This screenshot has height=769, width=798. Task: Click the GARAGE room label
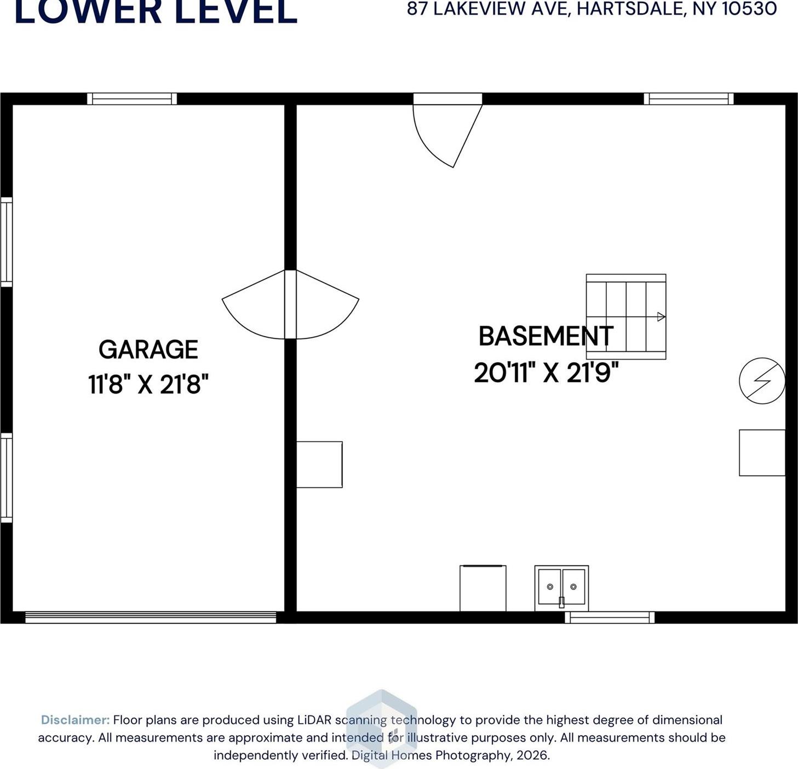click(x=148, y=350)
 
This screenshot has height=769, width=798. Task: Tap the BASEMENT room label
click(x=546, y=336)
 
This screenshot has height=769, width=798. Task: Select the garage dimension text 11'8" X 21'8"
click(x=148, y=384)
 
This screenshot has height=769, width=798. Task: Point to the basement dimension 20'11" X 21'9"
click(x=546, y=373)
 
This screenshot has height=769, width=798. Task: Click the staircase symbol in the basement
click(x=626, y=317)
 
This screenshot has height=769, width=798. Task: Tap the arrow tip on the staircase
click(x=661, y=317)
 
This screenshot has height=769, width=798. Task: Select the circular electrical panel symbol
click(x=762, y=381)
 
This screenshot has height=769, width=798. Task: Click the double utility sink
click(x=561, y=588)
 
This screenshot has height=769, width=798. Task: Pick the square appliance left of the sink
click(x=483, y=588)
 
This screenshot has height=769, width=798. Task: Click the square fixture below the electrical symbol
click(x=762, y=453)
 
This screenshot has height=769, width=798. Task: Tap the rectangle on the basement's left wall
click(x=319, y=464)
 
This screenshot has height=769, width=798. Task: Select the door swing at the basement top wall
click(x=445, y=131)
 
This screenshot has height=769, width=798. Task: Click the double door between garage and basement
click(x=290, y=305)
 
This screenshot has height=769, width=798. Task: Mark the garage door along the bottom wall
click(x=151, y=617)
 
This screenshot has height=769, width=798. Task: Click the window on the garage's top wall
click(x=132, y=99)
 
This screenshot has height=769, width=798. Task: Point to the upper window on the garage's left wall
click(x=6, y=241)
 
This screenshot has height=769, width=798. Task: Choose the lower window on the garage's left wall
click(x=6, y=478)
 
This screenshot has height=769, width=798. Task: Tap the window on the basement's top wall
click(x=688, y=99)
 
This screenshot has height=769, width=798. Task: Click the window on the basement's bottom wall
click(x=610, y=617)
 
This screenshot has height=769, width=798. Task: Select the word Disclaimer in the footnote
click(x=75, y=720)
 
